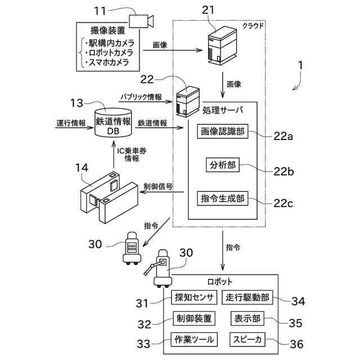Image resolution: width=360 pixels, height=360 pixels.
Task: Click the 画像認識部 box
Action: tap(223, 132)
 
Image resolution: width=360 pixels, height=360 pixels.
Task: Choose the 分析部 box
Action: tap(222, 165)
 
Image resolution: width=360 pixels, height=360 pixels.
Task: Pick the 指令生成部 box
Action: tap(223, 199)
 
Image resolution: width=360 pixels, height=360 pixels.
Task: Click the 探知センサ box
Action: tap(193, 298)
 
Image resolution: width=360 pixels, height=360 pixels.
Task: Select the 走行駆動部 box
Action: tap(249, 298)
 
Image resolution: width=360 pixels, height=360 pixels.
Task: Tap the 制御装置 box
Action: tap(193, 318)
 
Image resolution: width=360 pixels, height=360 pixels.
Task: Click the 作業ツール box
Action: tap(193, 339)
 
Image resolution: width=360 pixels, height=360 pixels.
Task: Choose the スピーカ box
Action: tap(248, 339)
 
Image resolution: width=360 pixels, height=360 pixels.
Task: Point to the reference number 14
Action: tap(83, 167)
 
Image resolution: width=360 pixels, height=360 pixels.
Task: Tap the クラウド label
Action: tap(253, 26)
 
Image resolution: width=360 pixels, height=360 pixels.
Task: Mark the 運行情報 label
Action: tap(71, 123)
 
